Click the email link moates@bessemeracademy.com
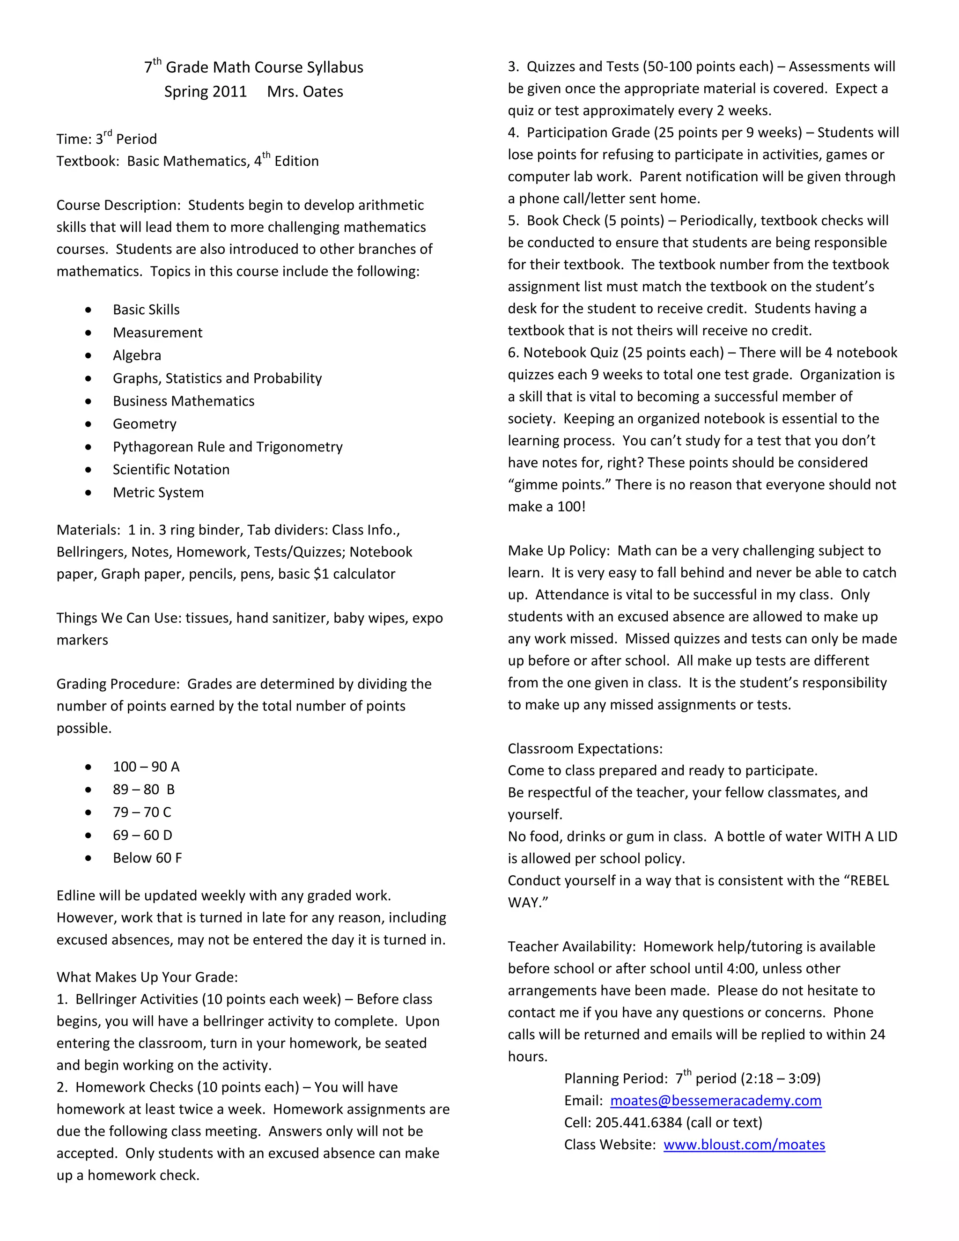pos(716,1101)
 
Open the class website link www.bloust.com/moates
pos(744,1145)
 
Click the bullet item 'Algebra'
pos(137,356)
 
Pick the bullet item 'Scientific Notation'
pos(171,470)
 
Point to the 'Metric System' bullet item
pos(158,493)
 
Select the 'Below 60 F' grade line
pos(147,858)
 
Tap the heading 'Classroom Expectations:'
pos(585,749)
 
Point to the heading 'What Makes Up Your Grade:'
pos(147,977)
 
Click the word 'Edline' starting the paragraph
pos(75,896)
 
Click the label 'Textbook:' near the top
pos(88,162)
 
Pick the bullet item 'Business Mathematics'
pos(184,401)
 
